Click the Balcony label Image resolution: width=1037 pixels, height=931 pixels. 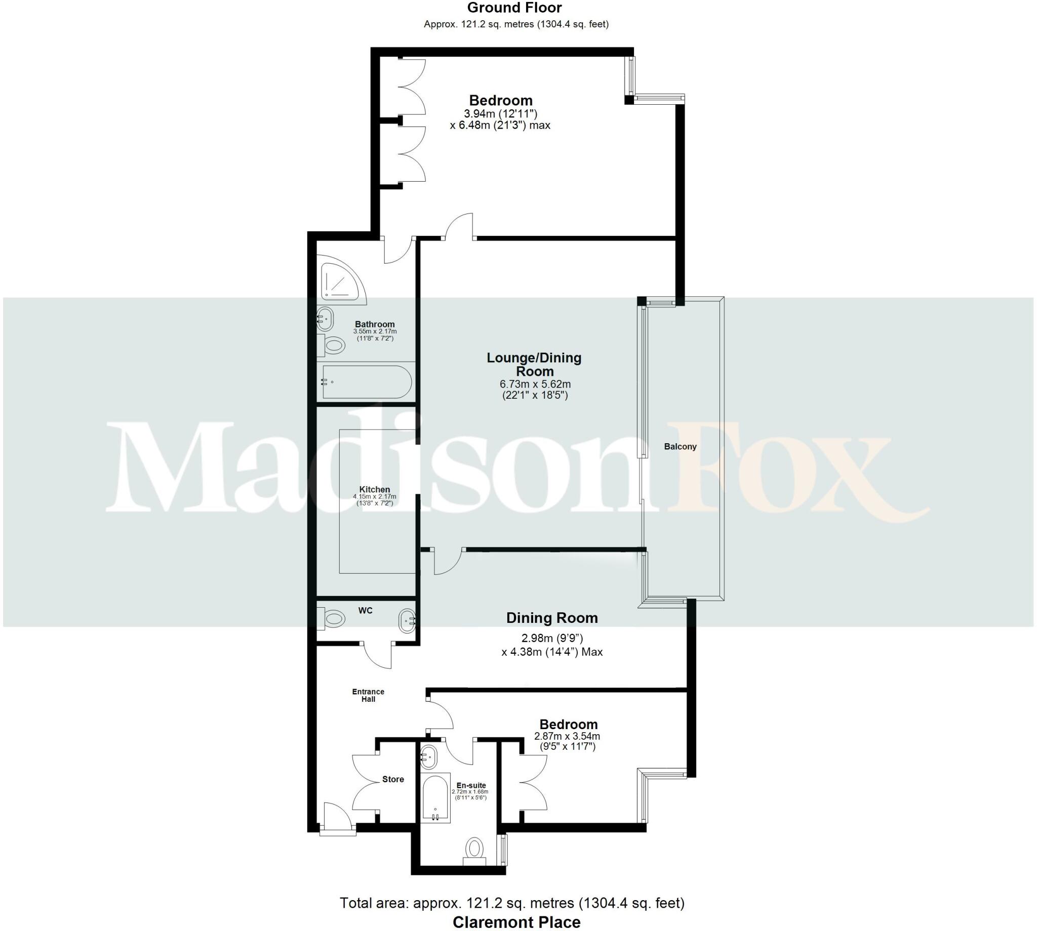680,447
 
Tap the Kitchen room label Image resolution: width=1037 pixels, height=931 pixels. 374,490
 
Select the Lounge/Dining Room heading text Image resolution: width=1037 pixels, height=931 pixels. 534,364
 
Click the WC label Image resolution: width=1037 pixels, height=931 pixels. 365,610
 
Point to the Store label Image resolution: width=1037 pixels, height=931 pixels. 392,779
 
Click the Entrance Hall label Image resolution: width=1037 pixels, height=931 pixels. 368,695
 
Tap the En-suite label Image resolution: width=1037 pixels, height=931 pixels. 471,785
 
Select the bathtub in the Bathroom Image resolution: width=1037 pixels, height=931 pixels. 366,382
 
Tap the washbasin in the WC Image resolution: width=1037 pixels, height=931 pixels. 407,620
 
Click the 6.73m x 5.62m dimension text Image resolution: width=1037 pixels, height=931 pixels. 535,384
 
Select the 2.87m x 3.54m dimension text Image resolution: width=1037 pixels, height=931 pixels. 567,737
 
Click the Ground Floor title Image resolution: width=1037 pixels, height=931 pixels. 514,8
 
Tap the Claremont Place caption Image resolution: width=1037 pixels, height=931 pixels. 516,922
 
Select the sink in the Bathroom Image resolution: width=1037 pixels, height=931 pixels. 325,320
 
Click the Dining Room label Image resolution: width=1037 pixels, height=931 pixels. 552,618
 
